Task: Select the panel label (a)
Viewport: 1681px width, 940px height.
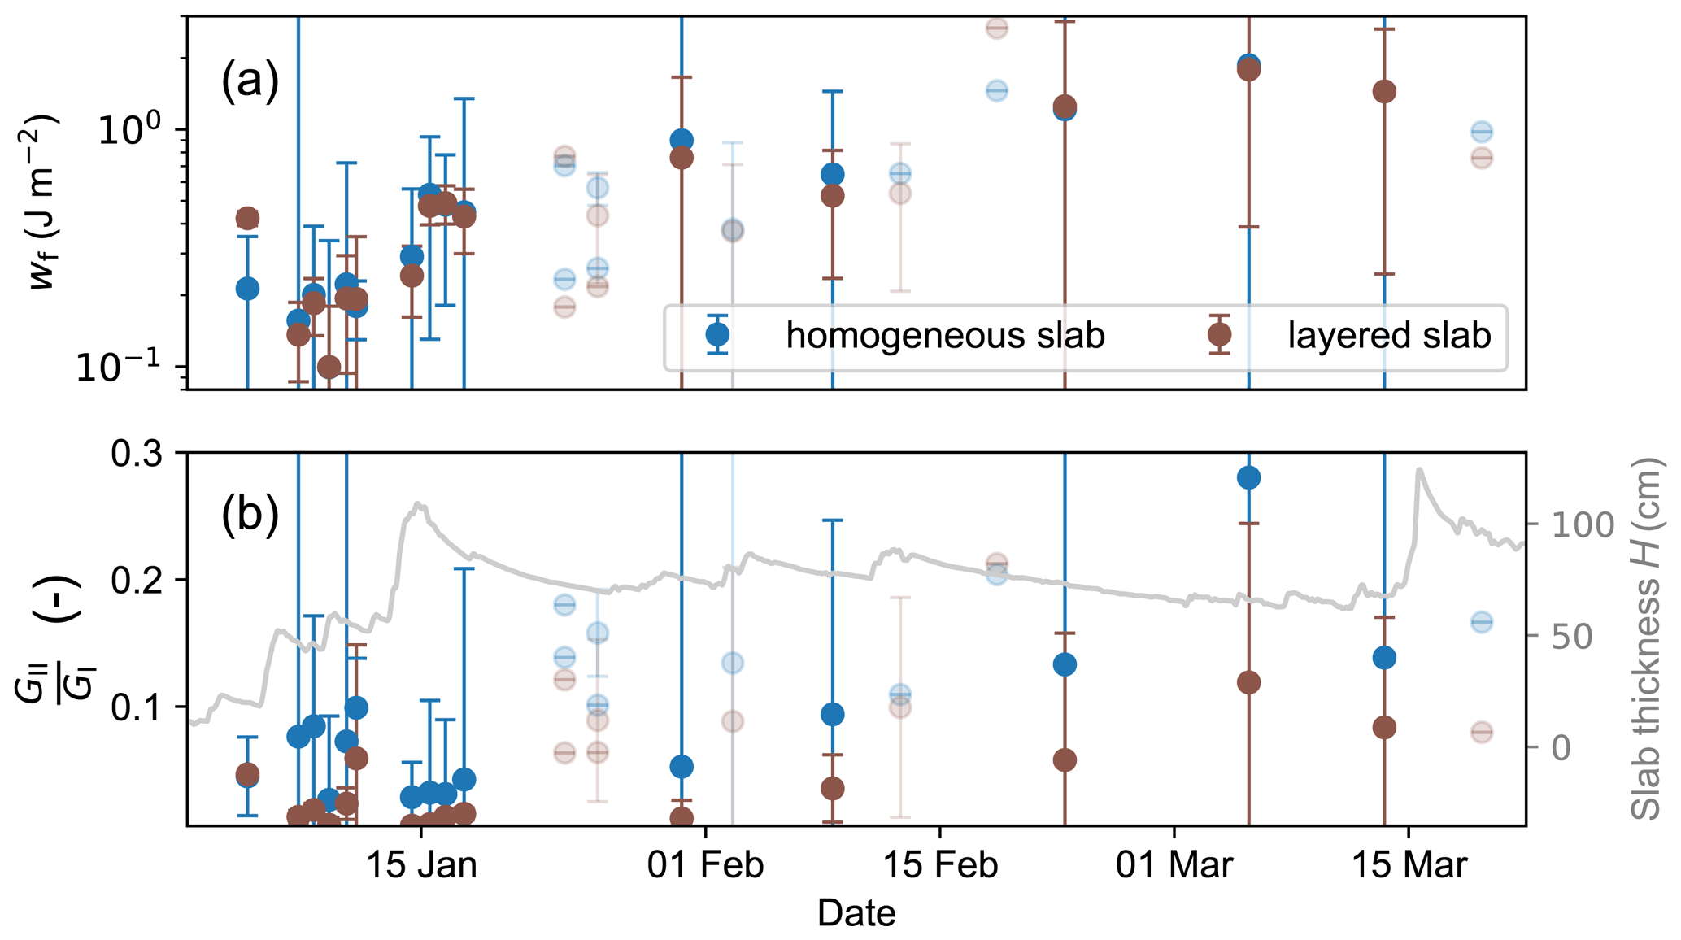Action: [250, 81]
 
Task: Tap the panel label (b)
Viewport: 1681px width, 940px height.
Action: [250, 515]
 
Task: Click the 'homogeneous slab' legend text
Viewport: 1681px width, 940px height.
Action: [945, 335]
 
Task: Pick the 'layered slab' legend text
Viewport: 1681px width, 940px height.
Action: [1389, 335]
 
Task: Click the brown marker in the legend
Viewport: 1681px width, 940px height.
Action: [1219, 334]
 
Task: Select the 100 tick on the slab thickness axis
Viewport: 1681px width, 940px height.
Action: [1583, 524]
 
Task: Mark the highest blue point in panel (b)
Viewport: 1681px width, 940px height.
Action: [1249, 478]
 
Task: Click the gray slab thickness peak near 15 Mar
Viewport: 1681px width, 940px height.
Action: [1419, 469]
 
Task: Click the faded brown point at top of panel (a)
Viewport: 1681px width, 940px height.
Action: [997, 28]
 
